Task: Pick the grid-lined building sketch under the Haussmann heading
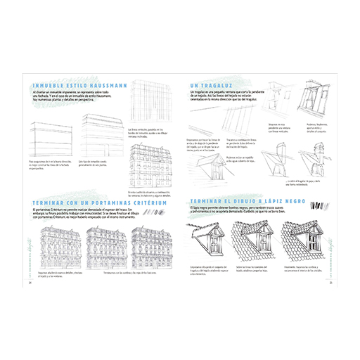click(146, 107)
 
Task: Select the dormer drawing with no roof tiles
click(203, 243)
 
